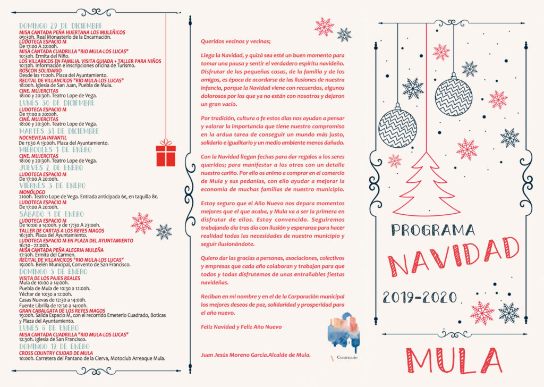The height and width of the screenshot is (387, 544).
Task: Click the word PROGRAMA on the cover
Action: [433, 230]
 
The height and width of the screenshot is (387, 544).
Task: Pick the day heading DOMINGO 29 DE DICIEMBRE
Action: [61, 26]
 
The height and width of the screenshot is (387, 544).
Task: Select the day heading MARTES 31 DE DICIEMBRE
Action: [59, 131]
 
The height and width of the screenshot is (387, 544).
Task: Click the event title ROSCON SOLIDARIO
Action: [40, 70]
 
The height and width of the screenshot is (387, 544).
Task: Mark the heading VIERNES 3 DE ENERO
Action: [50, 186]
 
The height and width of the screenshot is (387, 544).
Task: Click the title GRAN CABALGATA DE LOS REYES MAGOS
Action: [62, 310]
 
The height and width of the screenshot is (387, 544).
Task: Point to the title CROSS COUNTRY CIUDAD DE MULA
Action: [56, 352]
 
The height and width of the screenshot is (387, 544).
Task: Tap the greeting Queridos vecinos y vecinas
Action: [235, 41]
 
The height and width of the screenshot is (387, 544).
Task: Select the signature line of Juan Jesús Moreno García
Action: [256, 355]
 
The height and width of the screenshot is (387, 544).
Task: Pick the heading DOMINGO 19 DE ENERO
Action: [54, 346]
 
